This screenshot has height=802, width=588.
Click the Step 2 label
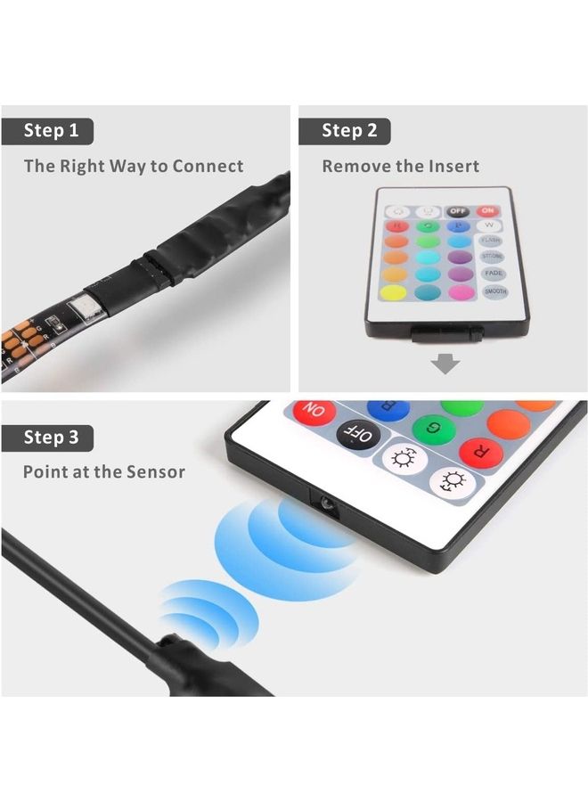[x=349, y=131]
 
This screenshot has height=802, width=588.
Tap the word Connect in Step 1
[x=208, y=166]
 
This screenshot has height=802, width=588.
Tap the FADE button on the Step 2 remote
[x=493, y=274]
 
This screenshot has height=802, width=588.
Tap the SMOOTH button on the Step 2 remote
[x=494, y=291]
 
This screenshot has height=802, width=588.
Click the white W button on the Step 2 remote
[x=489, y=225]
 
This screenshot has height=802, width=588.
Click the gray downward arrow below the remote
[x=445, y=364]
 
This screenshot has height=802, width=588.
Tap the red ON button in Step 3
[x=315, y=413]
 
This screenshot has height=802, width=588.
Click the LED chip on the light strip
[x=90, y=307]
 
